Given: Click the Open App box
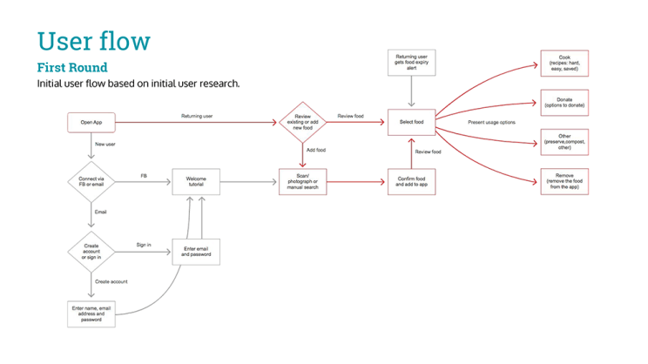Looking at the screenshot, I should [91, 123].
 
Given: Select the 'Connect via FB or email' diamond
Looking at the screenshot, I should [91, 181].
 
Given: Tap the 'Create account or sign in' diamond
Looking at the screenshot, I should [91, 251].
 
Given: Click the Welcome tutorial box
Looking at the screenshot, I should [196, 181].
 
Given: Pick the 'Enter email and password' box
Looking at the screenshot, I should [196, 252].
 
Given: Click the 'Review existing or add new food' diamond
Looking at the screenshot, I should [301, 122].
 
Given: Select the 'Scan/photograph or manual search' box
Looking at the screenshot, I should [301, 181].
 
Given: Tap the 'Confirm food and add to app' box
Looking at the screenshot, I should [411, 181].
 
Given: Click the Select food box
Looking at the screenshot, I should [411, 122].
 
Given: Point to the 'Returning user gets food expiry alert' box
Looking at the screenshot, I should [411, 62].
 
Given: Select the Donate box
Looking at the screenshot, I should [564, 103].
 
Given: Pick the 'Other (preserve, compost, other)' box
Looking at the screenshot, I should [564, 141].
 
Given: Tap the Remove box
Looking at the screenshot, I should [564, 181].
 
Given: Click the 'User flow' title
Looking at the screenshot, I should [93, 41].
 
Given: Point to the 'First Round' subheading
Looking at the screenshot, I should [72, 68].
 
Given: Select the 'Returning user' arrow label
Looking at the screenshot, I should [197, 116].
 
